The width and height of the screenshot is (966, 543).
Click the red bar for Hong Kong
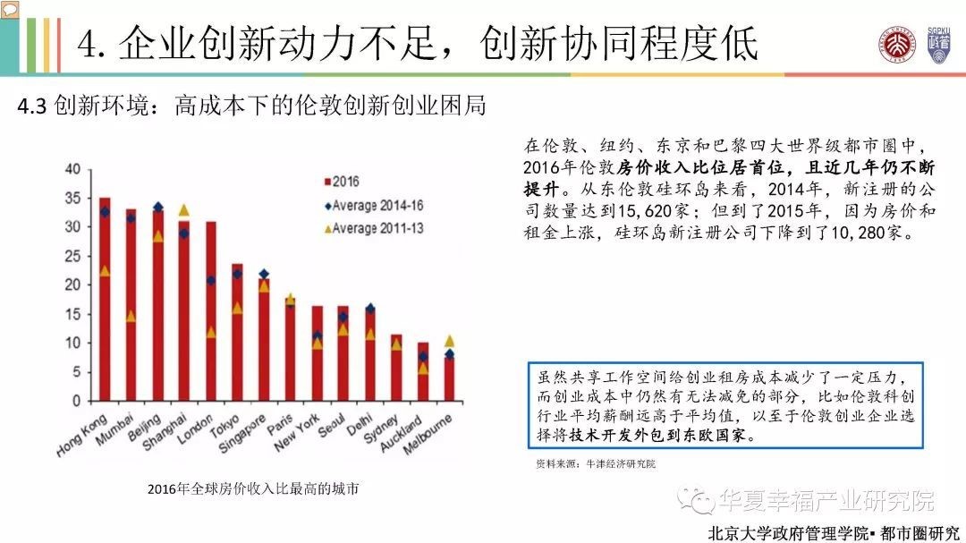[105, 304]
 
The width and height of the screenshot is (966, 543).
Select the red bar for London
[211, 313]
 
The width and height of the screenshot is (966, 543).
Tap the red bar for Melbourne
[449, 380]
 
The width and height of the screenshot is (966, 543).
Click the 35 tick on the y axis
[72, 199]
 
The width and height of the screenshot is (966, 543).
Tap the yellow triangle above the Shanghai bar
[184, 210]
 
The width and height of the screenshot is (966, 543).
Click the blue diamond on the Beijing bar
[158, 208]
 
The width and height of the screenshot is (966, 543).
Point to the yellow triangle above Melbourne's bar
[449, 341]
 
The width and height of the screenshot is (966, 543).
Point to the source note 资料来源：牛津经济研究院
[595, 464]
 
